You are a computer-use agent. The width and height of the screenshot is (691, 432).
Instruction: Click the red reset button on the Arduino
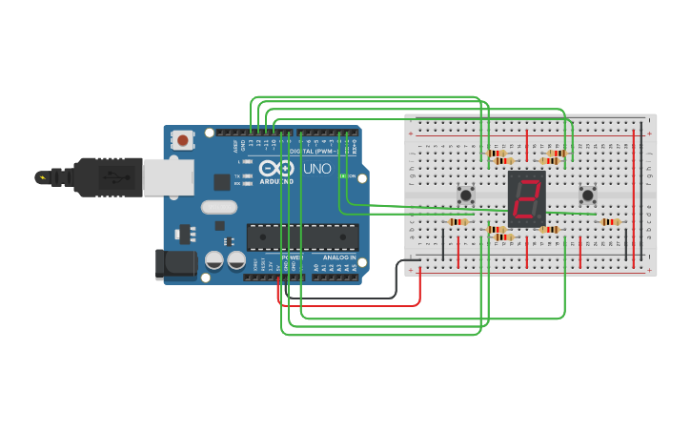183,140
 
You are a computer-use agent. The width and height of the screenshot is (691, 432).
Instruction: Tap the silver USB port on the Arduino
169,177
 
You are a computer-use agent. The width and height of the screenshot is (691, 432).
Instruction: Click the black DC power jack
175,264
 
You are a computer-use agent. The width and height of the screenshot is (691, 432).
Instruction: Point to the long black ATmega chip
302,237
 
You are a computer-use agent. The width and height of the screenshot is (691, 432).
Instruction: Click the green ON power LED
342,176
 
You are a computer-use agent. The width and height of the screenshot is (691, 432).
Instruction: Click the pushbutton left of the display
466,195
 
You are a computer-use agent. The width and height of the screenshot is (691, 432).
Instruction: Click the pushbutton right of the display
588,195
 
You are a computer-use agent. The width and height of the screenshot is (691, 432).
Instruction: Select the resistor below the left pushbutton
458,222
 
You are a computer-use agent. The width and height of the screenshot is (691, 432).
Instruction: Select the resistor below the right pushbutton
609,222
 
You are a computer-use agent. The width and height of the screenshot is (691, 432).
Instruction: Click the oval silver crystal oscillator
218,207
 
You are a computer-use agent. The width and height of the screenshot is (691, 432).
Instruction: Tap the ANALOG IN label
338,257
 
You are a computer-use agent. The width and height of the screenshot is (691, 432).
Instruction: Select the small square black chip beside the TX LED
221,180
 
